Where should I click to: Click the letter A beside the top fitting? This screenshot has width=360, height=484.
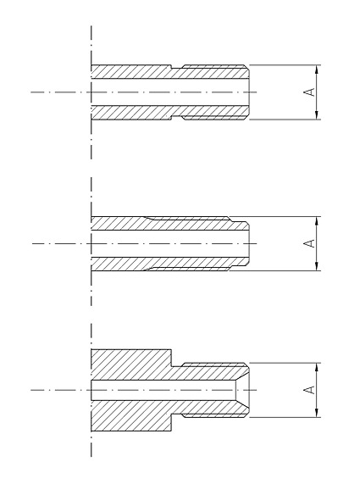(x=309, y=92)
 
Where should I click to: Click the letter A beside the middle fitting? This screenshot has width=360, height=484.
(x=309, y=243)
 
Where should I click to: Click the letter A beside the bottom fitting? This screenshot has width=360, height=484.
(x=309, y=390)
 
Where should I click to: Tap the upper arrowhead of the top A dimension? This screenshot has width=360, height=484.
(x=317, y=70)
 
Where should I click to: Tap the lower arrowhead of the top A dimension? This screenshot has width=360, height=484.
(x=317, y=114)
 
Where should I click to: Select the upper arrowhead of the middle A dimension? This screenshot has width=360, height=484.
(x=317, y=220)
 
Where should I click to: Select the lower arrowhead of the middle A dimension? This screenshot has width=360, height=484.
(x=317, y=266)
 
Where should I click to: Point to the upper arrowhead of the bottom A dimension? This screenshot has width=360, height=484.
(x=317, y=367)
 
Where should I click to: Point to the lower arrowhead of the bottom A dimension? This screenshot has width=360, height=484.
(x=317, y=413)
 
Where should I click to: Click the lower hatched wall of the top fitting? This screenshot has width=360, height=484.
(x=169, y=112)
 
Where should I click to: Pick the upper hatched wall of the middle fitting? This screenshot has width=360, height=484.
(x=169, y=224)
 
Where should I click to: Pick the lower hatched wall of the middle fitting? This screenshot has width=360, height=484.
(x=169, y=264)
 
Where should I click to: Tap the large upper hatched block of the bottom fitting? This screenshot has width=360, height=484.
(x=131, y=364)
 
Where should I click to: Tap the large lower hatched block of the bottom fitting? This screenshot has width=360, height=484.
(x=131, y=416)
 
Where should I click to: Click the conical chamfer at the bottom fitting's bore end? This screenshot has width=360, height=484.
(x=242, y=390)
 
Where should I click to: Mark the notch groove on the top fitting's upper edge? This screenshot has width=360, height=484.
(x=177, y=67)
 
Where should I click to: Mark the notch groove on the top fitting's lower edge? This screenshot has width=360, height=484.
(x=177, y=118)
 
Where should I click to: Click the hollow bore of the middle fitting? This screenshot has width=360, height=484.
(x=170, y=243)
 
